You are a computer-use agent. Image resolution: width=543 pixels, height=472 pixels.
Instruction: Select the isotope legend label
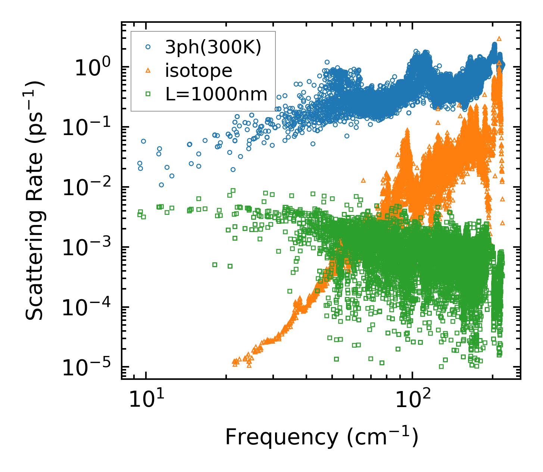click(x=199, y=71)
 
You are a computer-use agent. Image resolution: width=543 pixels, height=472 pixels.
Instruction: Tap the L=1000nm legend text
click(x=216, y=94)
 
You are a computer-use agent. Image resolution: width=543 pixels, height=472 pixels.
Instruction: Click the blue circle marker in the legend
click(x=148, y=47)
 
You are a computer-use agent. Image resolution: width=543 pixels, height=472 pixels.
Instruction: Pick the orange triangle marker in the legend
click(x=148, y=70)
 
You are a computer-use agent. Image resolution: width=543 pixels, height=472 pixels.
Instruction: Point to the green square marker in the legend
click(x=148, y=94)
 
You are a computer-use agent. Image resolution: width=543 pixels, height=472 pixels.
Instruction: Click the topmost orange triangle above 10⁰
click(x=499, y=38)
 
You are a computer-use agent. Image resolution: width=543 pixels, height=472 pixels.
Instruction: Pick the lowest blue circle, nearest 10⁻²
click(x=161, y=185)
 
